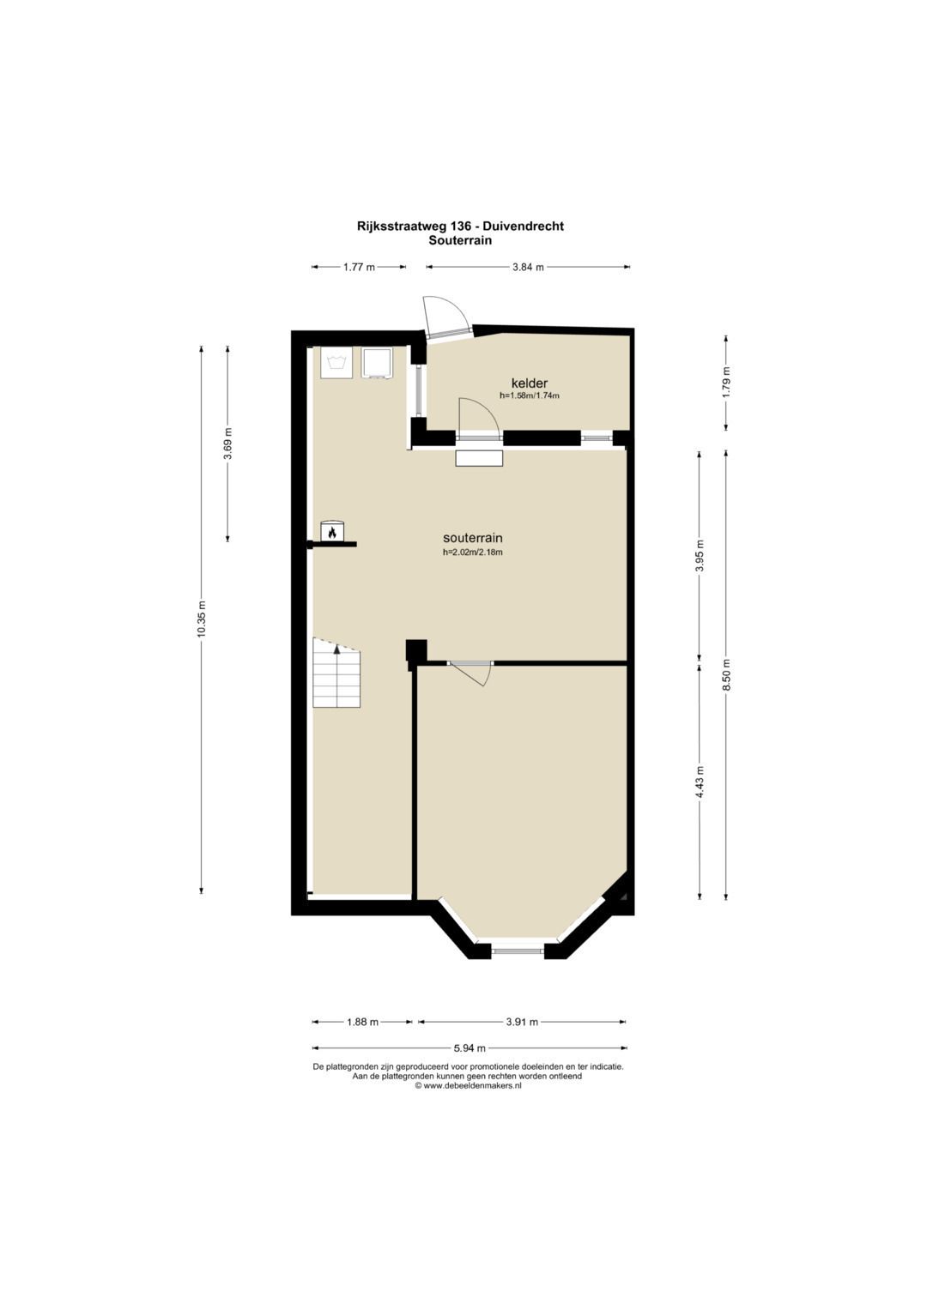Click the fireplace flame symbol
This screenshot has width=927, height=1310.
pyautogui.click(x=332, y=532)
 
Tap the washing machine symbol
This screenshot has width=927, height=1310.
pyautogui.click(x=336, y=363)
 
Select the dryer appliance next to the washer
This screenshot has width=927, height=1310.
pyautogui.click(x=377, y=363)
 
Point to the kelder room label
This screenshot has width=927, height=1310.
pyautogui.click(x=530, y=383)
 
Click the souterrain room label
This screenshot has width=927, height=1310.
pyautogui.click(x=473, y=537)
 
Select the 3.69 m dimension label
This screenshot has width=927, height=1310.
pyautogui.click(x=227, y=444)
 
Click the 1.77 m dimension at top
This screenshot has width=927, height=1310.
pyautogui.click(x=359, y=268)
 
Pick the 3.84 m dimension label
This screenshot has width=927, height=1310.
pyautogui.click(x=528, y=268)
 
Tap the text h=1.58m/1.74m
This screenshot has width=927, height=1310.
pyautogui.click(x=530, y=395)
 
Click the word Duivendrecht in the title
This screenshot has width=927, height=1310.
pyautogui.click(x=524, y=226)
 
